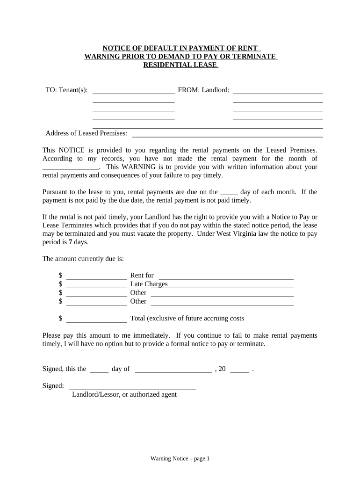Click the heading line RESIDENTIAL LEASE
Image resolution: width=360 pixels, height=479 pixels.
coord(180,65)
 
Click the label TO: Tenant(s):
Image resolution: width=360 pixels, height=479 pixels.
coord(66,90)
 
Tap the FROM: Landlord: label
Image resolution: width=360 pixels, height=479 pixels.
coord(203,90)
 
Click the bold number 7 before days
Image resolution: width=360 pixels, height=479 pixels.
coord(70,242)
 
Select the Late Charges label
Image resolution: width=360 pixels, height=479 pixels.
coord(149,284)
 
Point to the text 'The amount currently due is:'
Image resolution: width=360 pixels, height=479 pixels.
coord(83,259)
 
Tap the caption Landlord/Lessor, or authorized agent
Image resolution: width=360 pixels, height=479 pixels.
coord(124,395)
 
